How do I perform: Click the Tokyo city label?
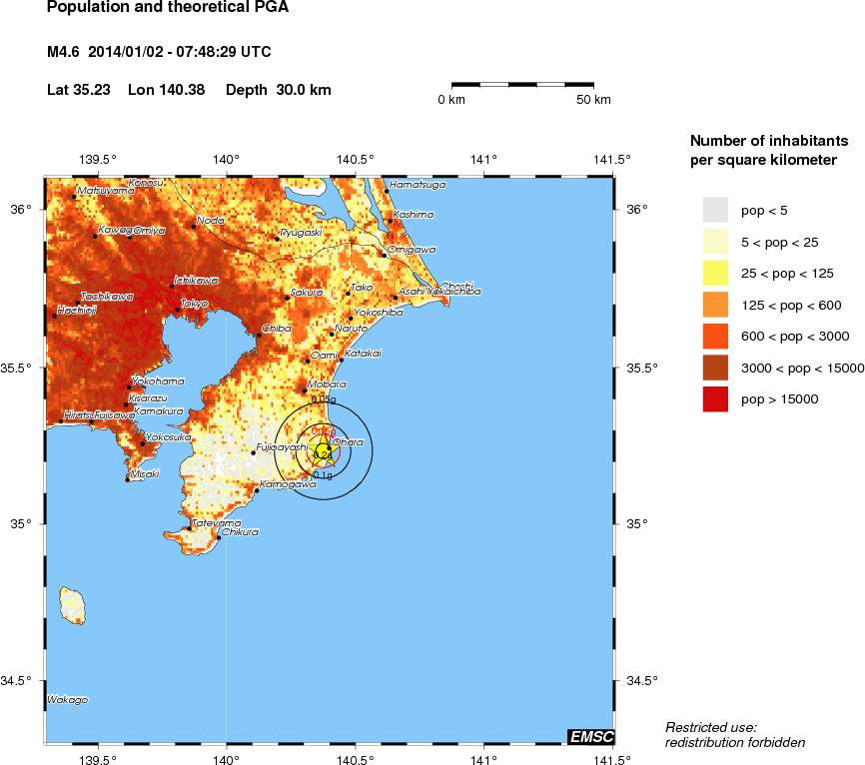click(194, 303)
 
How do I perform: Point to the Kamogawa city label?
click(281, 484)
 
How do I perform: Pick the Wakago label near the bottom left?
click(67, 700)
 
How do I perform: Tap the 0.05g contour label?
click(324, 399)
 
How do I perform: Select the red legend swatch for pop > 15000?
click(715, 399)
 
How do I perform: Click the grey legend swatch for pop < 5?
click(715, 210)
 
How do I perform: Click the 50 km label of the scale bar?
click(594, 100)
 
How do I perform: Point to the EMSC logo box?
click(590, 737)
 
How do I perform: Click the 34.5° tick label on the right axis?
click(640, 681)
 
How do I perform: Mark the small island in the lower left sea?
click(71, 605)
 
